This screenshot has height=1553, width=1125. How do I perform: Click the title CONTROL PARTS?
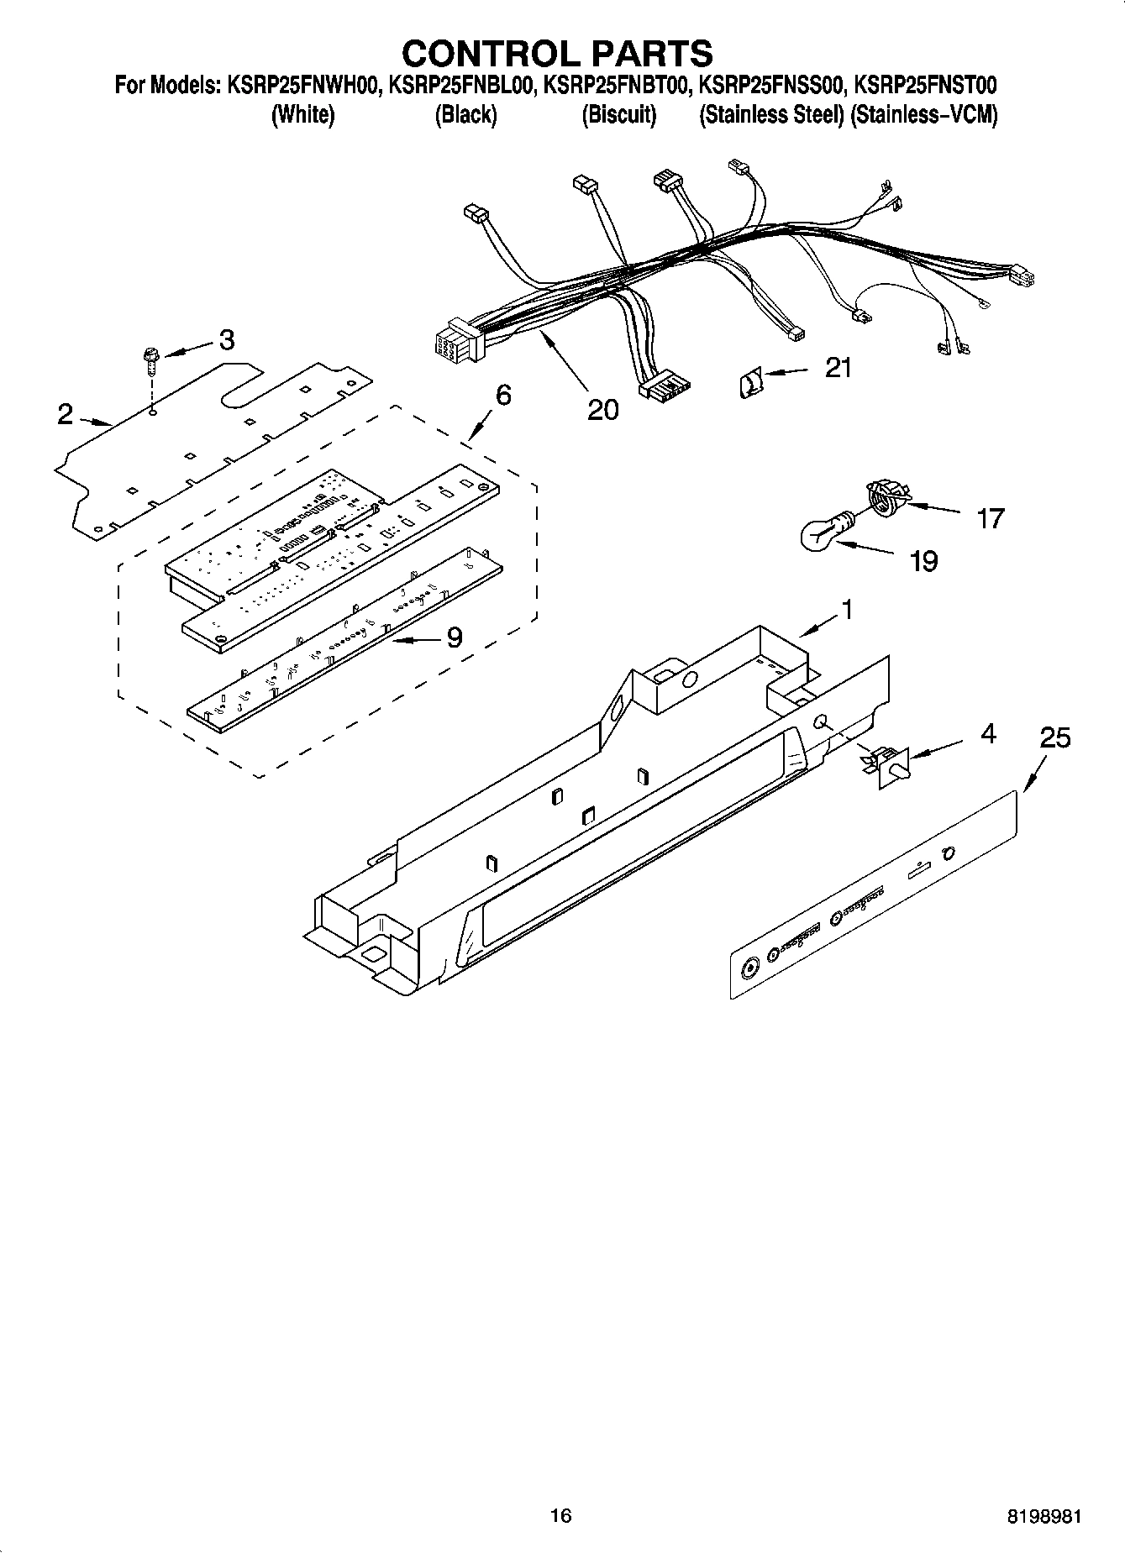point(557,53)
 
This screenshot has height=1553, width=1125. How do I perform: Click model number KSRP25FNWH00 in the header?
point(300,86)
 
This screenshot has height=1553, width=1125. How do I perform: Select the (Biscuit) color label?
point(618,115)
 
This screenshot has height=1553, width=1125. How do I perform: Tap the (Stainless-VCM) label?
point(923,115)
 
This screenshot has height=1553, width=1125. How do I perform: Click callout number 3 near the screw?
point(226,340)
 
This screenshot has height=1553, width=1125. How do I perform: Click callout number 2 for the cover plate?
point(66,414)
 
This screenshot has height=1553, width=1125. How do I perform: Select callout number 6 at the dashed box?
point(502,395)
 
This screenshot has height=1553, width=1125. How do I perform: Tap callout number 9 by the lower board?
point(454,638)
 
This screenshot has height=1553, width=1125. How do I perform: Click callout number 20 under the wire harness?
point(602,409)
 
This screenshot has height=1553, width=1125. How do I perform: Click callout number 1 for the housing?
point(847,609)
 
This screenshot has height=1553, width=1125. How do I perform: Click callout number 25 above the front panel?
point(1055,738)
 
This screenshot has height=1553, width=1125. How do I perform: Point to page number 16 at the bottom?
point(560,1515)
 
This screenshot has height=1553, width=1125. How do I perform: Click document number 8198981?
point(1044,1516)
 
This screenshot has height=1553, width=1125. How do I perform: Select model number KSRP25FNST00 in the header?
point(923,86)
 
